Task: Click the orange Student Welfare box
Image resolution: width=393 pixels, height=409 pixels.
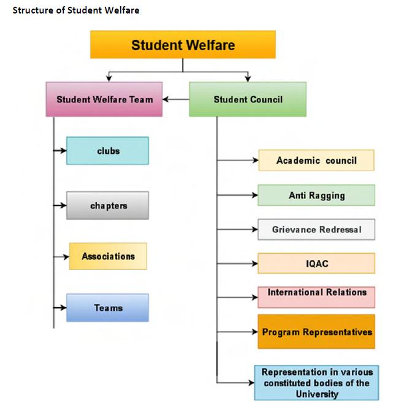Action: click(183, 45)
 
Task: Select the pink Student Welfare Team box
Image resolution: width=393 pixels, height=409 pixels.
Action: click(104, 99)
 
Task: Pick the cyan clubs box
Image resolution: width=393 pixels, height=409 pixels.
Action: click(108, 151)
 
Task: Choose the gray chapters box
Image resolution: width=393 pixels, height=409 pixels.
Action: click(108, 205)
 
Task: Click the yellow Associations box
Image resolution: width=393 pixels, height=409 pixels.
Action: click(108, 256)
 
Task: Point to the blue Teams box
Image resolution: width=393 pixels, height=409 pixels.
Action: click(108, 308)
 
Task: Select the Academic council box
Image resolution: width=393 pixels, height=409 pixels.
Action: click(316, 161)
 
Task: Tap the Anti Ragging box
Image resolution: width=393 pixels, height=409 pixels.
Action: click(316, 196)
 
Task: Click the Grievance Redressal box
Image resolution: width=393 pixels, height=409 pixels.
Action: click(316, 230)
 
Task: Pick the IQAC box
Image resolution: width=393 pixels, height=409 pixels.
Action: click(316, 264)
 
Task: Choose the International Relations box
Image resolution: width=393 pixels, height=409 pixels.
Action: click(316, 293)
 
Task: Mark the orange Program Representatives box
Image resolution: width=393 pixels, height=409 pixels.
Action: click(316, 332)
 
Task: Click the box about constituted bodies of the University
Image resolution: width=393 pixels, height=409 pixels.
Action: click(316, 383)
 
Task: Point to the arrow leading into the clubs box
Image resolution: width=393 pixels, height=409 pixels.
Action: click(60, 151)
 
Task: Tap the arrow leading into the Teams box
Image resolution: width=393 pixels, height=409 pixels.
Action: click(60, 308)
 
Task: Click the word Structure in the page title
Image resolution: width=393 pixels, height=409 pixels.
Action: click(30, 10)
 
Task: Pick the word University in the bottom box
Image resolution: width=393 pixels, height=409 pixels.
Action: click(316, 394)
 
